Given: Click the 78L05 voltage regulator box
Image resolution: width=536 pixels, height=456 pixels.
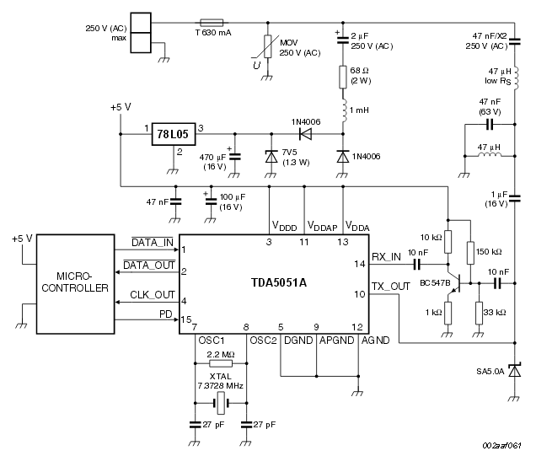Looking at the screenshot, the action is (174, 134).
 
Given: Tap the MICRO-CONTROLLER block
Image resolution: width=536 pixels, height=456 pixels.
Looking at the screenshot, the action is (75, 284).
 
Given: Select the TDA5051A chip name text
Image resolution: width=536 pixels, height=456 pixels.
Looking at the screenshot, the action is (279, 282).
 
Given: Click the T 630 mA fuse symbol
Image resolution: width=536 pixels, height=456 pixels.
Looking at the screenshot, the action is (212, 23).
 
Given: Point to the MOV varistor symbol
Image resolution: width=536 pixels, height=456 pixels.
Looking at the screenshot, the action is (268, 46).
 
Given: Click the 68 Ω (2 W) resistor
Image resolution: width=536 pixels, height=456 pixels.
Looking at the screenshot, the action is (343, 78).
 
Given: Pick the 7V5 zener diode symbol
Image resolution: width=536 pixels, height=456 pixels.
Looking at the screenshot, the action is (271, 157).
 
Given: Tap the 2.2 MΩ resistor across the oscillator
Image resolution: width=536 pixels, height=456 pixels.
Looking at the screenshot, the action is (221, 363).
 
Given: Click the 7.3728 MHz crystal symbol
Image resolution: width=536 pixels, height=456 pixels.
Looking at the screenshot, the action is (221, 404).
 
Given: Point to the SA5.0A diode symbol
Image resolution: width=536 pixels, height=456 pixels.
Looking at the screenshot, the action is (514, 371).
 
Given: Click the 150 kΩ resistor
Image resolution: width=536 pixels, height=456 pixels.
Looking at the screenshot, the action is (470, 253).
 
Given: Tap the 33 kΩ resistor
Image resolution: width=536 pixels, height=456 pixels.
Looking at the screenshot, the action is (479, 313).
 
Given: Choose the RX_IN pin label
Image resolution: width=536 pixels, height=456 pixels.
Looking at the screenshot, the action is (386, 257).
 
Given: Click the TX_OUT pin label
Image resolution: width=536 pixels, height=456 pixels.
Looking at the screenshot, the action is (390, 287).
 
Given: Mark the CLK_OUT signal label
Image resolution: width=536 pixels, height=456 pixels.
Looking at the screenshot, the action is (153, 295).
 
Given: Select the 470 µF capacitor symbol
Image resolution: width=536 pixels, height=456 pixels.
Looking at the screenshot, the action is (235, 157).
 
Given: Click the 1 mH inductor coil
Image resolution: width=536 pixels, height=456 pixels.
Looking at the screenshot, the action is (344, 111).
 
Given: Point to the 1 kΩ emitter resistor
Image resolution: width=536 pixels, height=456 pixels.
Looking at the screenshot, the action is (448, 313).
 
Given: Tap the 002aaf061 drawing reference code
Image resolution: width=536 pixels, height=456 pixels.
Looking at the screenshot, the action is (501, 445).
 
